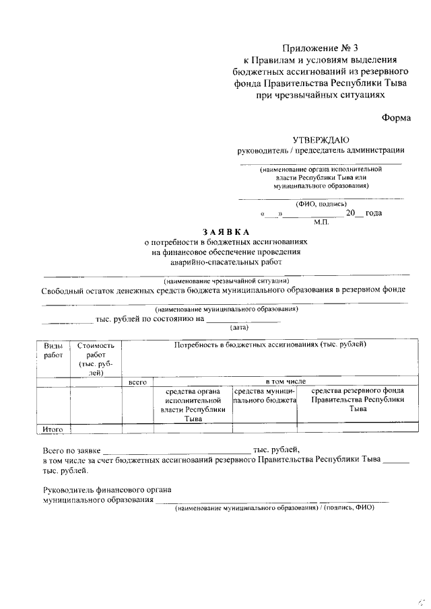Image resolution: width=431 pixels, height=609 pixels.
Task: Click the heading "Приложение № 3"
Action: [322, 48]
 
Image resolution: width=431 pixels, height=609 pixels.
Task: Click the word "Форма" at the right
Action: [396, 117]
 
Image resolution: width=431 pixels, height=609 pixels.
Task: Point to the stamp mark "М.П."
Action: [321, 221]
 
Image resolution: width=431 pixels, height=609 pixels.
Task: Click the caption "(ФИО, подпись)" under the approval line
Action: [321, 203]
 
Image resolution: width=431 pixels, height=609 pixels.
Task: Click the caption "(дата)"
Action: [240, 328]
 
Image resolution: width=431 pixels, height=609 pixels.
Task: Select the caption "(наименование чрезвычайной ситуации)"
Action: [226, 280]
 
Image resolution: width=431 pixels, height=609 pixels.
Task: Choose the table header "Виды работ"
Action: [53, 350]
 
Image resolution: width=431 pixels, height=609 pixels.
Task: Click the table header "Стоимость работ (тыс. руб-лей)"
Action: [96, 359]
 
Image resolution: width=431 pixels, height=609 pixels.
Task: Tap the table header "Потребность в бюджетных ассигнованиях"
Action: [270, 345]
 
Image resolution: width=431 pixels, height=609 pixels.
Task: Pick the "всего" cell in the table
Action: [138, 382]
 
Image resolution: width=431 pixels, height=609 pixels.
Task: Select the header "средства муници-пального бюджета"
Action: [265, 395]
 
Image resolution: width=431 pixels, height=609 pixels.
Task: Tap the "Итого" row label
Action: [53, 428]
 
